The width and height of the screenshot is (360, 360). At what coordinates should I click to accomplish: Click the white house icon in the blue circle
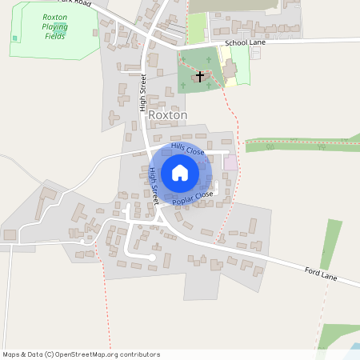[180, 173]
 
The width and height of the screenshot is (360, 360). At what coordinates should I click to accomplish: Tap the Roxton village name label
[167, 115]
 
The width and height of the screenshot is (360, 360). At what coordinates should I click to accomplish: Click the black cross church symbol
[200, 75]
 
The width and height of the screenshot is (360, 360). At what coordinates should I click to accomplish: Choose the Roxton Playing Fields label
[55, 26]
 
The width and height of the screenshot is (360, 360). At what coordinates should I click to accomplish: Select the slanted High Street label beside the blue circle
[154, 186]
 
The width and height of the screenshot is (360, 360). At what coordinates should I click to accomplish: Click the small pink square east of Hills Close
[230, 162]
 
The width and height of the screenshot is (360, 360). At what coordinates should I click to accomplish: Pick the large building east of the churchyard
[230, 70]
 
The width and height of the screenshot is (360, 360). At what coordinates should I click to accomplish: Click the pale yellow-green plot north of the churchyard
[196, 29]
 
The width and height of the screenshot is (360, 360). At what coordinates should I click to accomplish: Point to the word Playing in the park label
[55, 26]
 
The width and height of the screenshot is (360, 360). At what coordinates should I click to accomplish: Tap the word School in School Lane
[238, 42]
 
